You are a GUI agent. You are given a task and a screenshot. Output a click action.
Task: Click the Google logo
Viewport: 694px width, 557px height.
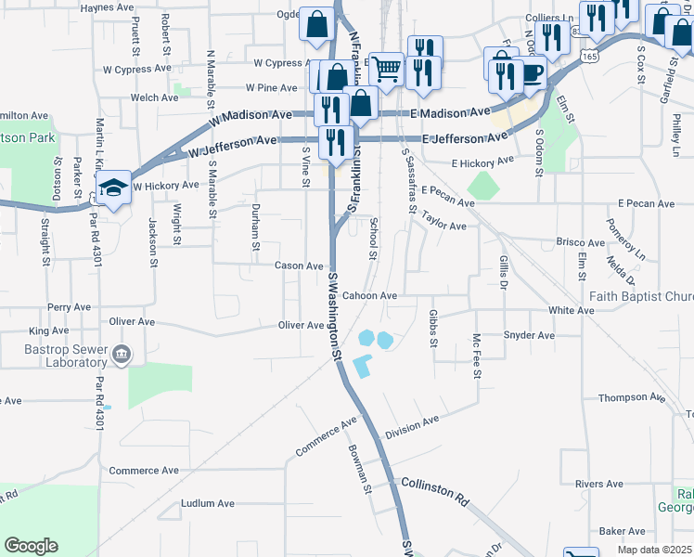(x=31, y=546)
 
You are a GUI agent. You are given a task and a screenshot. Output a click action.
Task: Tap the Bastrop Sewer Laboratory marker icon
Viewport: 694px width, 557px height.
(x=123, y=355)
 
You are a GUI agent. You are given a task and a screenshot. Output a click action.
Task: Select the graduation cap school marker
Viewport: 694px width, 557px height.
(x=113, y=188)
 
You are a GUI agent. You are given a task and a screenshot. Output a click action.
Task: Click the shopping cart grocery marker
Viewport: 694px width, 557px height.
(x=386, y=68)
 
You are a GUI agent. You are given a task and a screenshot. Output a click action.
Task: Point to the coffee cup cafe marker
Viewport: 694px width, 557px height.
(x=531, y=73)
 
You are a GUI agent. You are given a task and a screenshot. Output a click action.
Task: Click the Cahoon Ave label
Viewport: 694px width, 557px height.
(x=369, y=296)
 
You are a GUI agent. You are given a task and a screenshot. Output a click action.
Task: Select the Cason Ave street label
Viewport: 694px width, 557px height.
(x=298, y=266)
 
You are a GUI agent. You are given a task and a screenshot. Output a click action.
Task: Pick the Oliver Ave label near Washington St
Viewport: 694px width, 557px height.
(x=301, y=325)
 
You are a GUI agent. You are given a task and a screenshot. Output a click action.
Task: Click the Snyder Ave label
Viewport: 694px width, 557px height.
(x=528, y=335)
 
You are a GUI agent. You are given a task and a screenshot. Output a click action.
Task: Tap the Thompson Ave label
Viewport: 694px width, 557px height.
(x=632, y=397)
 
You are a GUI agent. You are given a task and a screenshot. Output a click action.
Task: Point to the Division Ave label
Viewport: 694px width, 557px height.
(x=411, y=427)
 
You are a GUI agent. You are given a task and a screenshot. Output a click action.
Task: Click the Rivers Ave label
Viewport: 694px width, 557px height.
(x=598, y=485)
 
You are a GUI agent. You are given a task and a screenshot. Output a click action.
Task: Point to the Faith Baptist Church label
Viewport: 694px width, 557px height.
(x=641, y=297)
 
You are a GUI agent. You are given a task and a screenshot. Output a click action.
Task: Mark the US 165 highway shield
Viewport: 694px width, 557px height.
(x=587, y=56)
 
